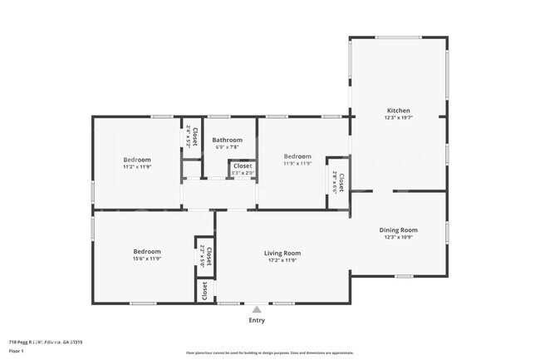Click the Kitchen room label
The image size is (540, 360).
(x=398, y=111)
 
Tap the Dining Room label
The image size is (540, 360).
(x=398, y=230)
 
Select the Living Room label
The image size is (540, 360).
(x=282, y=253)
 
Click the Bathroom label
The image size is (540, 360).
(x=227, y=140)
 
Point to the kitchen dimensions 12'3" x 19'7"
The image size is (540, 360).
(x=398, y=118)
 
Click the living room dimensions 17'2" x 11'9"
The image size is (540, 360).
(x=282, y=260)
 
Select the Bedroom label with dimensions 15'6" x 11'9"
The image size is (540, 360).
(x=147, y=251)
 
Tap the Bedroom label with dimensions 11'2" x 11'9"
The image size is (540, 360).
(x=137, y=159)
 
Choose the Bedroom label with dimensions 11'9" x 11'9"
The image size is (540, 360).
(x=297, y=156)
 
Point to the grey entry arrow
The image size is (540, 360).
(x=257, y=308)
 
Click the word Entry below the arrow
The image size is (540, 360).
(x=257, y=320)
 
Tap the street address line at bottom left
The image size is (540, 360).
(x=46, y=341)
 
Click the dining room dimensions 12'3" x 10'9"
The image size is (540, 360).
(x=398, y=238)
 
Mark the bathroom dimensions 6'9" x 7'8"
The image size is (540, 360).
(x=227, y=147)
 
